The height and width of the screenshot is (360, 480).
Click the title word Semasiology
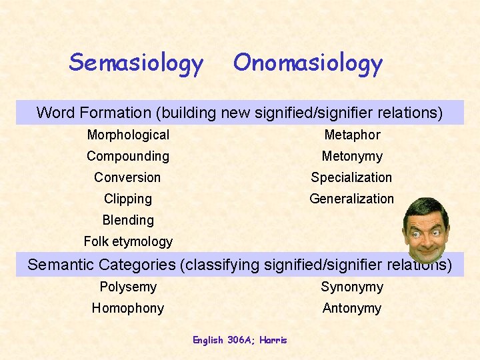(136, 63)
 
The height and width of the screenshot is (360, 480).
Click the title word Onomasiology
(307, 63)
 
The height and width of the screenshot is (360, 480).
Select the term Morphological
(128, 135)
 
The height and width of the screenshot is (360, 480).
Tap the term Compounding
(128, 156)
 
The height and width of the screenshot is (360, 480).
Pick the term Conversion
(127, 177)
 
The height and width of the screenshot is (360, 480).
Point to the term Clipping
(128, 199)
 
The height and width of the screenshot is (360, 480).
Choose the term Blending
(128, 220)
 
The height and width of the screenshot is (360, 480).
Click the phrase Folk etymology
(128, 241)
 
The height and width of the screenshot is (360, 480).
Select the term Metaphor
(352, 135)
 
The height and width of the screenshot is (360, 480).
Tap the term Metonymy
(352, 156)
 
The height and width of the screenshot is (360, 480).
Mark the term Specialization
(352, 177)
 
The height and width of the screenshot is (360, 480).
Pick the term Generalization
(352, 199)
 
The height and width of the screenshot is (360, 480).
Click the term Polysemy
(128, 287)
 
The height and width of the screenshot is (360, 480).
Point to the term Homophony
(128, 308)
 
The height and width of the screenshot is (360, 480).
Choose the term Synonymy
(352, 287)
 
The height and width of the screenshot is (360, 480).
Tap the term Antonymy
(352, 308)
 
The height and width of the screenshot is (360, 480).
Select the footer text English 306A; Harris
(240, 340)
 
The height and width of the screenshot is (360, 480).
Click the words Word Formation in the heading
(83, 113)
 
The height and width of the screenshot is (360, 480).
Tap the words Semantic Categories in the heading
(101, 265)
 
